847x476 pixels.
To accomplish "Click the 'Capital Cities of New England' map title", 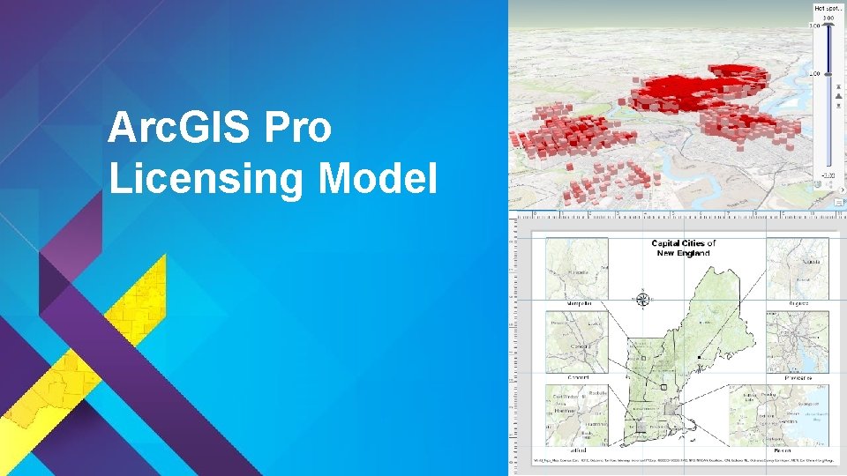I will click(x=684, y=248).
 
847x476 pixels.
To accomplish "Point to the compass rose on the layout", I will click(x=643, y=299).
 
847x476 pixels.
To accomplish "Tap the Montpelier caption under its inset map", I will click(x=573, y=303).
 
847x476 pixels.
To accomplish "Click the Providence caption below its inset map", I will click(x=796, y=376).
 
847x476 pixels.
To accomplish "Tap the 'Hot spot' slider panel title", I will click(x=826, y=7).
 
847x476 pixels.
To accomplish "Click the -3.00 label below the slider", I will click(x=828, y=175).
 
